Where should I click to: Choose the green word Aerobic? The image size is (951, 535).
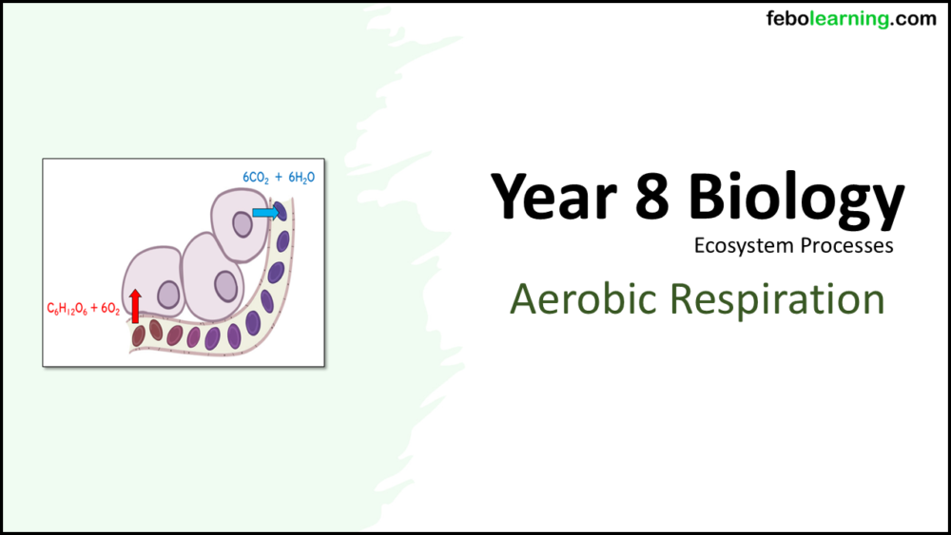(x=584, y=300)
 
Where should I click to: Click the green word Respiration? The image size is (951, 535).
(x=777, y=300)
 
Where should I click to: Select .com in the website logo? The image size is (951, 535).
(x=914, y=19)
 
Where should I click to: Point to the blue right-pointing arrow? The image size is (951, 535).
(x=264, y=214)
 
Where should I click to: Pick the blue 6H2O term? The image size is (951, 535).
(x=300, y=177)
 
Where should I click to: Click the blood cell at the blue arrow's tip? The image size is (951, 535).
(x=281, y=212)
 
